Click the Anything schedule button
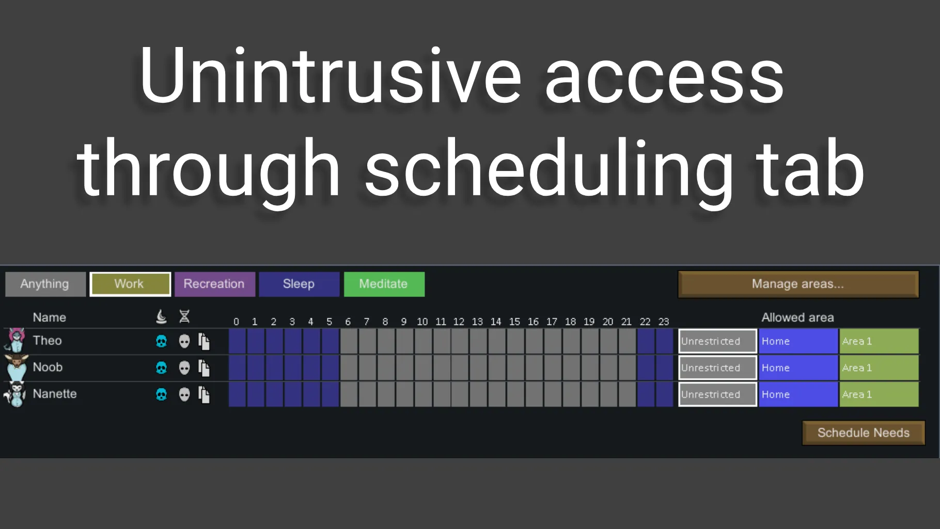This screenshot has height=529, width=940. tap(45, 284)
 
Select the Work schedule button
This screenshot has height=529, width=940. tap(130, 284)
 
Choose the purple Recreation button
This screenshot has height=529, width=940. tap(215, 284)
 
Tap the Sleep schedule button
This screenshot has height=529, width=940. tap(299, 284)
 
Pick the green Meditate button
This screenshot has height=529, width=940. tap(384, 284)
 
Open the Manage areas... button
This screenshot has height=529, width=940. tap(798, 284)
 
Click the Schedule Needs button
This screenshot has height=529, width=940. tap(864, 433)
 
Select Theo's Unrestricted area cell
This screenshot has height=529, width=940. tap(717, 341)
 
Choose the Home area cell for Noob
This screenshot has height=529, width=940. tap(798, 368)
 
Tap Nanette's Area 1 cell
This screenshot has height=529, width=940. tap(879, 395)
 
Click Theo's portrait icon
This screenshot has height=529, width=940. tap(15, 340)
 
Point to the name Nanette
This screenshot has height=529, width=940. tap(55, 394)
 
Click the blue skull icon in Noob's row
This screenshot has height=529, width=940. tap(162, 368)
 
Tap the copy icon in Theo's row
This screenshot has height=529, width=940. tap(205, 341)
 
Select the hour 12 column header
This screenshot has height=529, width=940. tap(459, 322)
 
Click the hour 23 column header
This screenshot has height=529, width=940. tap(664, 322)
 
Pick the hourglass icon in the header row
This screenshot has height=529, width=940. tap(184, 316)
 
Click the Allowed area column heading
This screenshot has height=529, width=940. tap(798, 317)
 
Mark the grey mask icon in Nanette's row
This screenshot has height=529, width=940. tap(184, 395)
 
